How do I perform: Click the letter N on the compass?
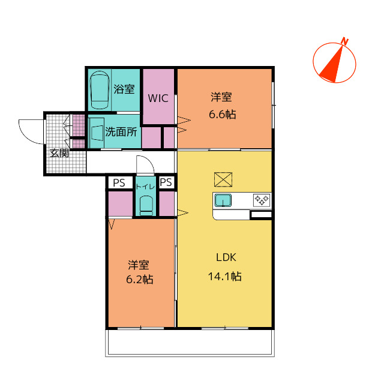[345, 41]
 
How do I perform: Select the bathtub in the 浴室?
[100, 90]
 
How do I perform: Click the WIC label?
[158, 98]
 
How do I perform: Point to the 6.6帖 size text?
[223, 115]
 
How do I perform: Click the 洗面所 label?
[121, 132]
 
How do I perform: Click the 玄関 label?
[59, 153]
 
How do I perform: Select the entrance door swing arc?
[28, 134]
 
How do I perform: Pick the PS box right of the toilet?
[167, 182]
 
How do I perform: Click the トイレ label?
[145, 187]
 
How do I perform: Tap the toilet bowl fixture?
[146, 205]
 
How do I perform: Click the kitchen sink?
[223, 200]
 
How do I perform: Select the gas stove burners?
[262, 200]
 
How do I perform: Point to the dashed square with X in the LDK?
[223, 179]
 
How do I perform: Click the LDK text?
[226, 257]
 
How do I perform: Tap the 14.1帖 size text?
[224, 277]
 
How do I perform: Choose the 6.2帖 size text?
[140, 280]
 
